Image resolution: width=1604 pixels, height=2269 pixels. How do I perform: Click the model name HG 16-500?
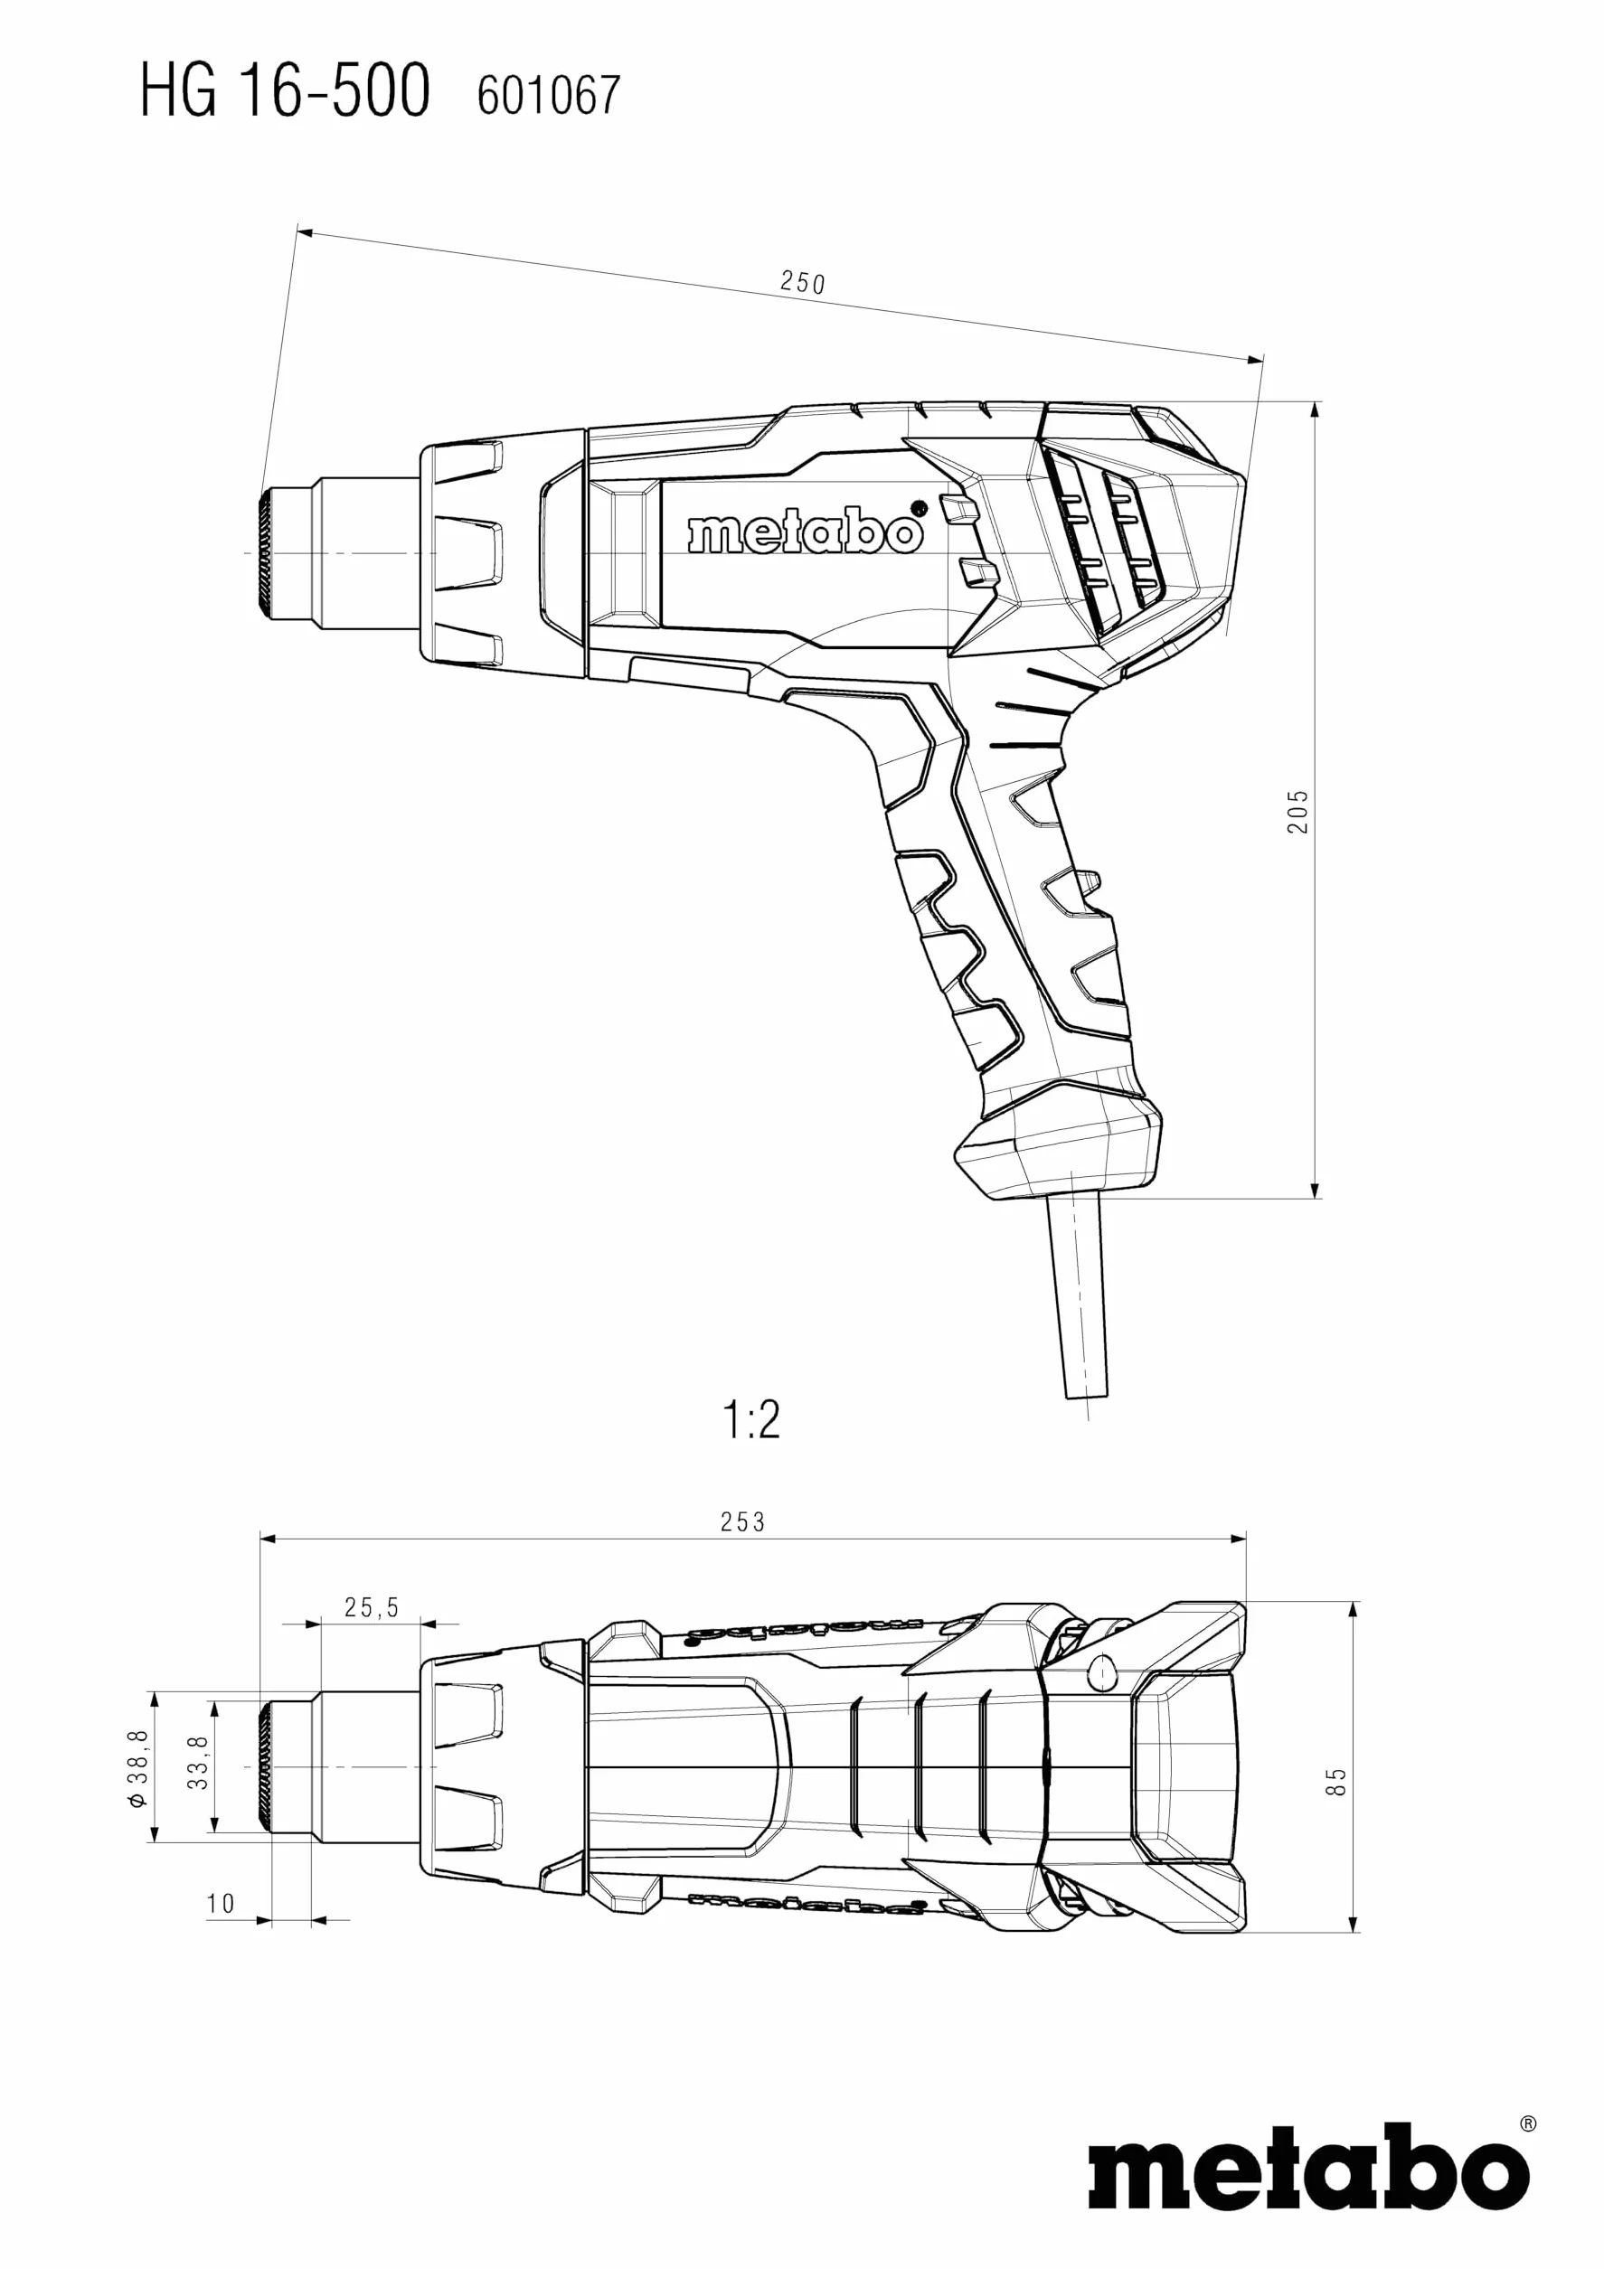[x=285, y=89]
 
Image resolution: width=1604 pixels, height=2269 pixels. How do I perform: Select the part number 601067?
[x=549, y=96]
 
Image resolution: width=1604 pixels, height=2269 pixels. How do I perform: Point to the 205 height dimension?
[x=1297, y=812]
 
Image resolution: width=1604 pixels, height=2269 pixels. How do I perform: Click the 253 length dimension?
[x=742, y=1522]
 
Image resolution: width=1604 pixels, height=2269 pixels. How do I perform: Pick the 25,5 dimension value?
[x=372, y=1608]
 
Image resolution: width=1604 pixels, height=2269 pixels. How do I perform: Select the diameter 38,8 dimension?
[x=137, y=1768]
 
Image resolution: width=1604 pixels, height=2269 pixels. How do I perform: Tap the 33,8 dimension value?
[x=199, y=1763]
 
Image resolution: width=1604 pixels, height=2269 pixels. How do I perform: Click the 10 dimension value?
[x=221, y=1904]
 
